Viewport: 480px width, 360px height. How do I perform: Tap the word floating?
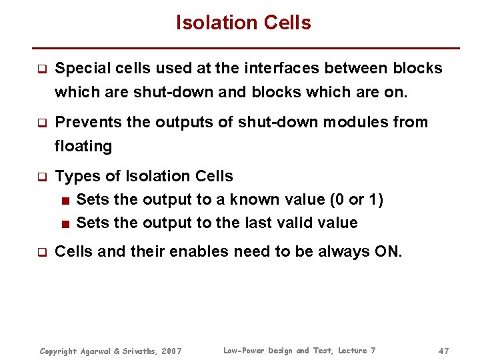point(83,145)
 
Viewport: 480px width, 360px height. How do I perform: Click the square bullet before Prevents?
point(41,123)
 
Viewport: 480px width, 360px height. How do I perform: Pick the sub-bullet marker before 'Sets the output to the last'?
point(66,223)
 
